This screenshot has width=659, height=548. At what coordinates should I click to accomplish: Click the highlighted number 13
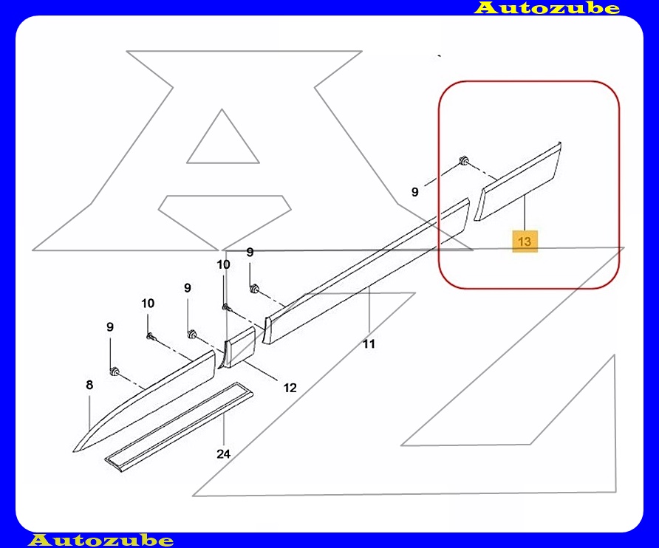point(525,242)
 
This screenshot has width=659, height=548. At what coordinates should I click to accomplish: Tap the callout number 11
point(369,344)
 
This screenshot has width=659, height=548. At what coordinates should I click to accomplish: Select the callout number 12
point(290,388)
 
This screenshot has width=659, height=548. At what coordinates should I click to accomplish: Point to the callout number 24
point(224,454)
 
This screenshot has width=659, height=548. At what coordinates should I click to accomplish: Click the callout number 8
point(89,385)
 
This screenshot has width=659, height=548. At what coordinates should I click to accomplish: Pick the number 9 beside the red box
point(414,192)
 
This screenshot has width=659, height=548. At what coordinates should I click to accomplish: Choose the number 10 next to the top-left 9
point(224,264)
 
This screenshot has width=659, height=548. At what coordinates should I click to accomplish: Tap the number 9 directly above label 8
point(110,327)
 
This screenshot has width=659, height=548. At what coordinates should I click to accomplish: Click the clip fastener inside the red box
point(464,160)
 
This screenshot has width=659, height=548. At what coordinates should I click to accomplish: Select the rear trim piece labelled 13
point(518,182)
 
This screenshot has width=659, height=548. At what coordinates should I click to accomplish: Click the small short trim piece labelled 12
point(239,347)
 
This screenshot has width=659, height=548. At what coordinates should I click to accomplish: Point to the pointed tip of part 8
point(74,451)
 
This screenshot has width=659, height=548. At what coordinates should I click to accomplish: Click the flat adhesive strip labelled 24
point(179,428)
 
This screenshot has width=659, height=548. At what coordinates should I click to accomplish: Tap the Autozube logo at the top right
point(547,7)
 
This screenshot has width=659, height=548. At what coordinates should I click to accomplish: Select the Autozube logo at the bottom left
point(100,540)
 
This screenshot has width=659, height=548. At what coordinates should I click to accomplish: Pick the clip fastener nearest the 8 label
point(115,371)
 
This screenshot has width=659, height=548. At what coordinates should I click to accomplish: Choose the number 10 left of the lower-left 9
point(148,304)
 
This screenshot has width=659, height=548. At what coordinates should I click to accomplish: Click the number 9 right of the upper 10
point(250,252)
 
